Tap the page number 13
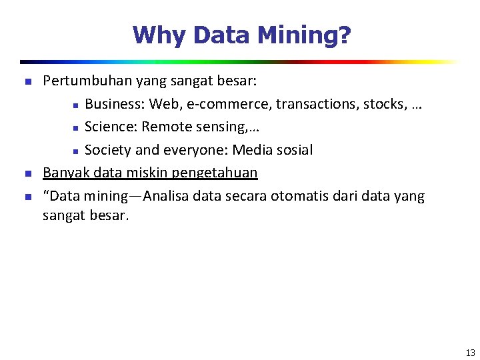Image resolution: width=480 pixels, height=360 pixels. coord(470,353)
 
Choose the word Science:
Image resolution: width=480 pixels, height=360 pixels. coord(111,127)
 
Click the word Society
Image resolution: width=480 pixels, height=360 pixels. coord(108,150)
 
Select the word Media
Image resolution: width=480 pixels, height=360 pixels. coord(251,150)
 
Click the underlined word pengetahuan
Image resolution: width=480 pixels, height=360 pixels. coord(215,173)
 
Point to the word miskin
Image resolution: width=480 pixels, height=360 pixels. coord(149,173)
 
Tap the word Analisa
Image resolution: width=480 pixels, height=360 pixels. coord(167,196)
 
